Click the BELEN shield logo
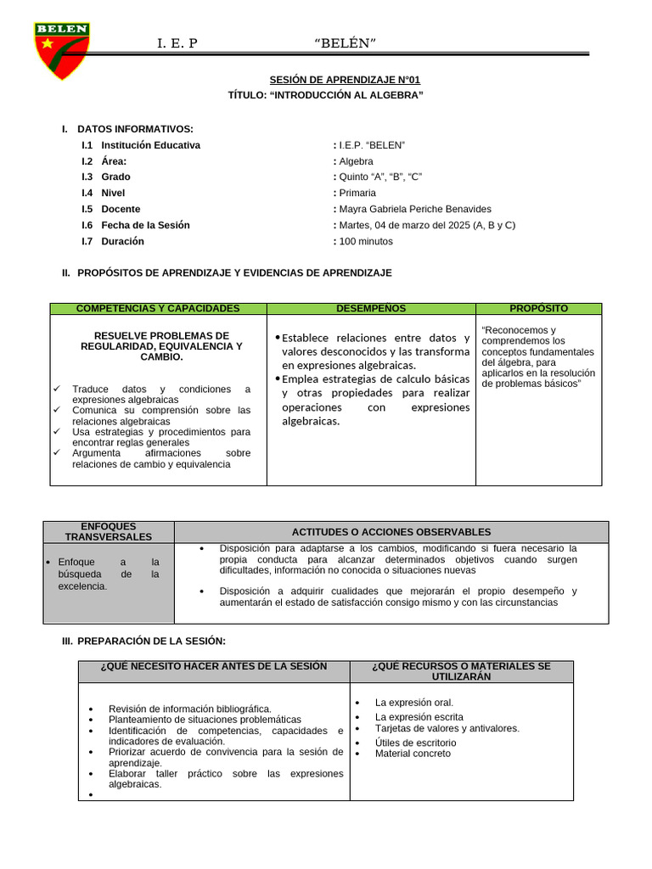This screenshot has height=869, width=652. (61, 50)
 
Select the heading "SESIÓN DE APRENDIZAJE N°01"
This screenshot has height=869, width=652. (345, 80)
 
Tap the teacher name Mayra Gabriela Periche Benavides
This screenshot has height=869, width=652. (414, 209)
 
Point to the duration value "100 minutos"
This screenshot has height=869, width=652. (366, 241)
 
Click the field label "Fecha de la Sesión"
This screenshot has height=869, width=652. (145, 225)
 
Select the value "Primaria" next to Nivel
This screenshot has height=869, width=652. (357, 193)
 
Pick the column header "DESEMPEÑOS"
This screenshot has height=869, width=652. (371, 308)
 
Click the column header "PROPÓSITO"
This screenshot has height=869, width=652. (538, 308)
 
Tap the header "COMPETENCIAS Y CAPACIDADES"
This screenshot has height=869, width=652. (158, 308)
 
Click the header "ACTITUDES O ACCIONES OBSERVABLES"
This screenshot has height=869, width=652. (391, 531)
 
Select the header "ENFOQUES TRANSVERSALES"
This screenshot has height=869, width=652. (109, 531)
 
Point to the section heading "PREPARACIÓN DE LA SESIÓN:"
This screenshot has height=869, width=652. (151, 641)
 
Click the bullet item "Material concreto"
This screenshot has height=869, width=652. (413, 754)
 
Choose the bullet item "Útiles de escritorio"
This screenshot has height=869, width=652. (415, 743)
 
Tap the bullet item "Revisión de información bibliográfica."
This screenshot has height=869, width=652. (190, 709)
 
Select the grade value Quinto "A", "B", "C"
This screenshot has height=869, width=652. (379, 177)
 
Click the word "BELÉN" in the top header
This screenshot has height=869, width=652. (346, 43)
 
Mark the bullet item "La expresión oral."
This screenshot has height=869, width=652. (414, 703)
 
